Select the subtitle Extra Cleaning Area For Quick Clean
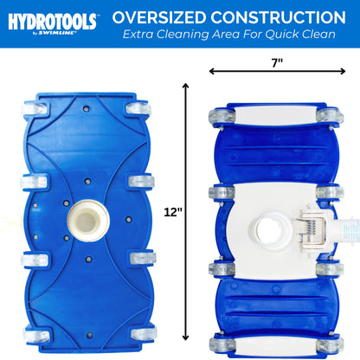[x=228, y=36]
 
